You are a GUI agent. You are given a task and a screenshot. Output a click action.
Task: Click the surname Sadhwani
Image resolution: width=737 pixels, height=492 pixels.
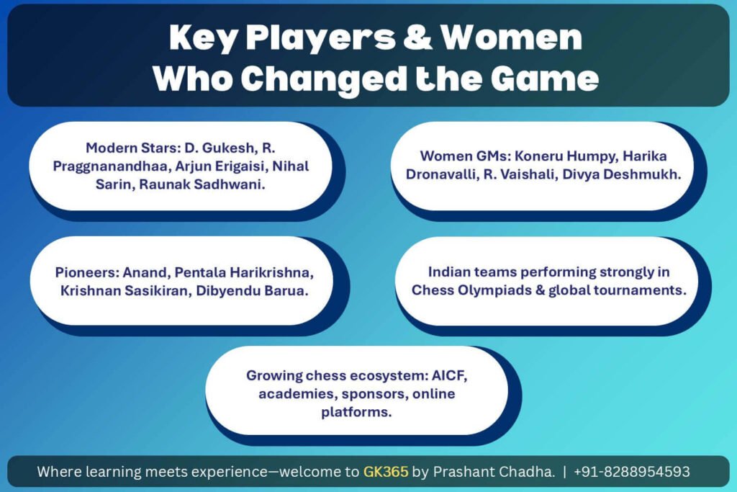pyautogui.click(x=230, y=184)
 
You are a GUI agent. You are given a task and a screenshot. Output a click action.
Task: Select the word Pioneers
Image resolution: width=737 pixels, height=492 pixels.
pyautogui.click(x=87, y=272)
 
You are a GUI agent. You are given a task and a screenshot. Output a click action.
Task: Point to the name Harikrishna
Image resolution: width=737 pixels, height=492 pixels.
pyautogui.click(x=271, y=272)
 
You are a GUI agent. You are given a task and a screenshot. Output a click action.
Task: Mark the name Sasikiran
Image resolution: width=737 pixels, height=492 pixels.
pyautogui.click(x=155, y=291)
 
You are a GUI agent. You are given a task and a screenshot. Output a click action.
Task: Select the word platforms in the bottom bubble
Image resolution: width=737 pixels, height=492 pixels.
pyautogui.click(x=356, y=413)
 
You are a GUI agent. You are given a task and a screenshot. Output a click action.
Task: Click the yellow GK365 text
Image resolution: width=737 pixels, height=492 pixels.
pyautogui.click(x=386, y=471)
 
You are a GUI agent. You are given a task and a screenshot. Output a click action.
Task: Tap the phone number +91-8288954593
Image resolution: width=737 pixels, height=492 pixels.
pyautogui.click(x=632, y=471)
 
